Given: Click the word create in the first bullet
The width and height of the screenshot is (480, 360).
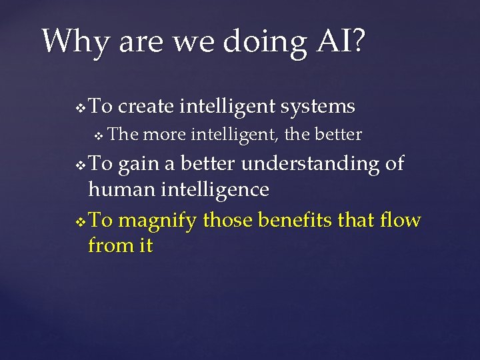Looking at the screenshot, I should pyautogui.click(x=147, y=107).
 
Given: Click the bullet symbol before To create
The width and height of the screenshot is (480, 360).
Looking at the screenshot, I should pyautogui.click(x=81, y=107).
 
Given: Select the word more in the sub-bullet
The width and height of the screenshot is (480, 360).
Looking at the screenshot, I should pyautogui.click(x=165, y=135).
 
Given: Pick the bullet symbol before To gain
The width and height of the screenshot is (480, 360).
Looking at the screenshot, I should pyautogui.click(x=81, y=164).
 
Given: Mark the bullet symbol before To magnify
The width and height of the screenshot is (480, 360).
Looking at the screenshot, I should pyautogui.click(x=81, y=220).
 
